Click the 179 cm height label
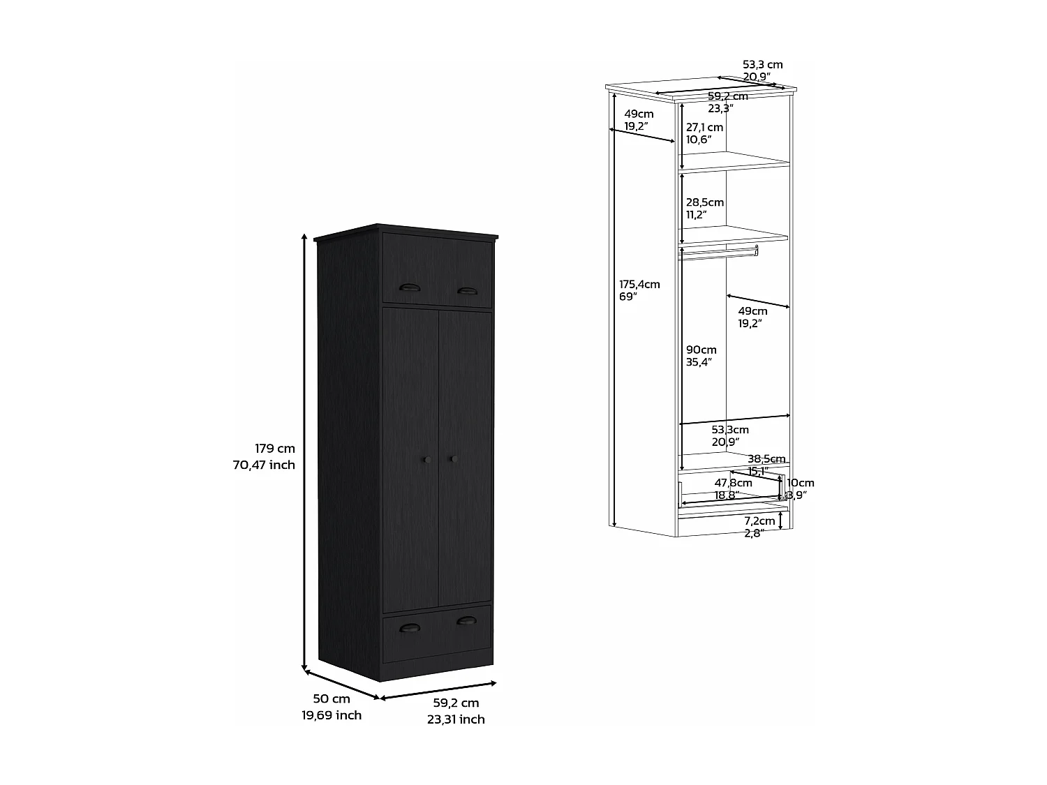tap(274, 449)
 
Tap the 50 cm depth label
tap(332, 698)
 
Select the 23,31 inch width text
tap(456, 719)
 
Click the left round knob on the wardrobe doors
tap(426, 458)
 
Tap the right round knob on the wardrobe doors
tap(452, 458)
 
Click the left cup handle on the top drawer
tap(407, 288)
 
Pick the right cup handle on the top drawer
tap(466, 290)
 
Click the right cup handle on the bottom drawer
tap(466, 620)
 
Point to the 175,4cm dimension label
tap(639, 284)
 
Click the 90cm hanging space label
tap(701, 350)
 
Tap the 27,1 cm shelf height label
tap(704, 128)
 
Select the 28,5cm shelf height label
tap(704, 202)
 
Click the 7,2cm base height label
tap(759, 521)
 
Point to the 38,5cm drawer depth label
tap(766, 459)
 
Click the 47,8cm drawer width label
tap(733, 483)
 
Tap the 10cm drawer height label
tap(800, 483)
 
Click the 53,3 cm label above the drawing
tap(762, 65)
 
